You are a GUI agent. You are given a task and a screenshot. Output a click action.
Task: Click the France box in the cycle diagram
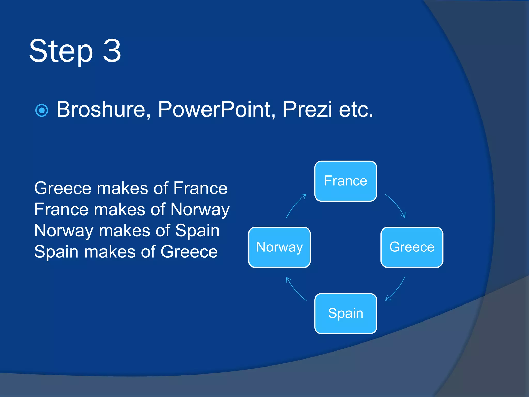tap(346, 181)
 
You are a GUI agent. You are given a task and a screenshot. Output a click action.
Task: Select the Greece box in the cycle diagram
tap(412, 247)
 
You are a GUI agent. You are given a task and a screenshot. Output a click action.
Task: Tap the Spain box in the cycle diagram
tap(346, 313)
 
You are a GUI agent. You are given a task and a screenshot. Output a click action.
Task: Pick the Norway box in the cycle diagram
tap(279, 247)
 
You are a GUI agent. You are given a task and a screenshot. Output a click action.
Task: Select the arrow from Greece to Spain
tap(396, 289)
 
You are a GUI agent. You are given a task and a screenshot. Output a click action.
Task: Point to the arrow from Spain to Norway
tap(295, 289)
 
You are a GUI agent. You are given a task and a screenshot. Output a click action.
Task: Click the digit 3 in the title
tap(112, 51)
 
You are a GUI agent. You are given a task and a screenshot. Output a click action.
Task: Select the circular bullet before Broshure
tap(42, 111)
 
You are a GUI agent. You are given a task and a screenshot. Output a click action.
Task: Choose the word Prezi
tap(307, 110)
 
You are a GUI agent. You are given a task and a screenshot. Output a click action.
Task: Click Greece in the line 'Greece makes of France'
tap(63, 188)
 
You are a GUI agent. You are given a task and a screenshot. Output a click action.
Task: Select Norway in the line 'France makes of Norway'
tap(200, 209)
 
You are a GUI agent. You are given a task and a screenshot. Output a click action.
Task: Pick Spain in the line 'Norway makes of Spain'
tap(197, 231)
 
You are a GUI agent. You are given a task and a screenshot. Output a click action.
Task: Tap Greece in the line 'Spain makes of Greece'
tap(189, 252)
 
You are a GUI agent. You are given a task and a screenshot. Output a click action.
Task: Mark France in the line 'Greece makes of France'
tap(200, 188)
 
